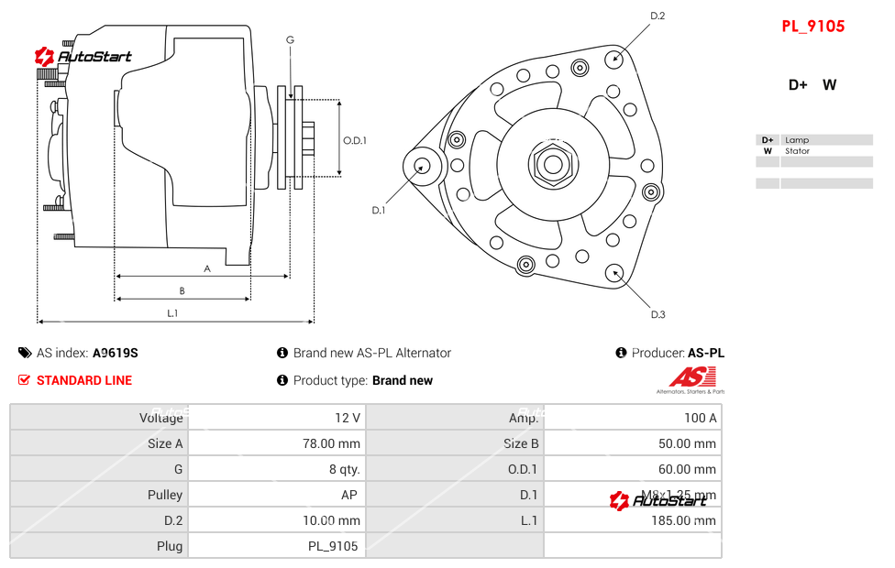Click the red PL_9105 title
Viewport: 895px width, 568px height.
coord(812,27)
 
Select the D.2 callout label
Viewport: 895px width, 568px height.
coord(657,16)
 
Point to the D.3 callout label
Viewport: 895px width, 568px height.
coord(657,314)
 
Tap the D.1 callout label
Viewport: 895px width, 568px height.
coord(378,210)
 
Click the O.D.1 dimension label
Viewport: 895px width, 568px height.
coord(355,140)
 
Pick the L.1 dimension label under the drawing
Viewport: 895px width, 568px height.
coord(172,313)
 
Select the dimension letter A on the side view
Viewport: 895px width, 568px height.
coord(207,268)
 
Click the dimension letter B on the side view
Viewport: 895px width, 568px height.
coord(182,291)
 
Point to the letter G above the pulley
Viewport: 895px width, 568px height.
coord(290,39)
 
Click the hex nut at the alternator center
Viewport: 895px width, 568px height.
coord(552,165)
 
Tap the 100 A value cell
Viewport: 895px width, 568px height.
coord(701,418)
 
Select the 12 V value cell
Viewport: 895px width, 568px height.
coord(348,418)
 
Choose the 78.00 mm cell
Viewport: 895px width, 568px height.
coord(337,443)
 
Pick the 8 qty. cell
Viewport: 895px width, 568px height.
coord(344,469)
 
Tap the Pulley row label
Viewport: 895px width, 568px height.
coord(165,495)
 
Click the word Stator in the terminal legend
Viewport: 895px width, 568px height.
coord(797,151)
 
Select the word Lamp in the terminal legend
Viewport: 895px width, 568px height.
coord(796,140)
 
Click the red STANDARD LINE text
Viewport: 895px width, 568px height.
coord(84,380)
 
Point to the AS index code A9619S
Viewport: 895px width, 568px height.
coord(116,353)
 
